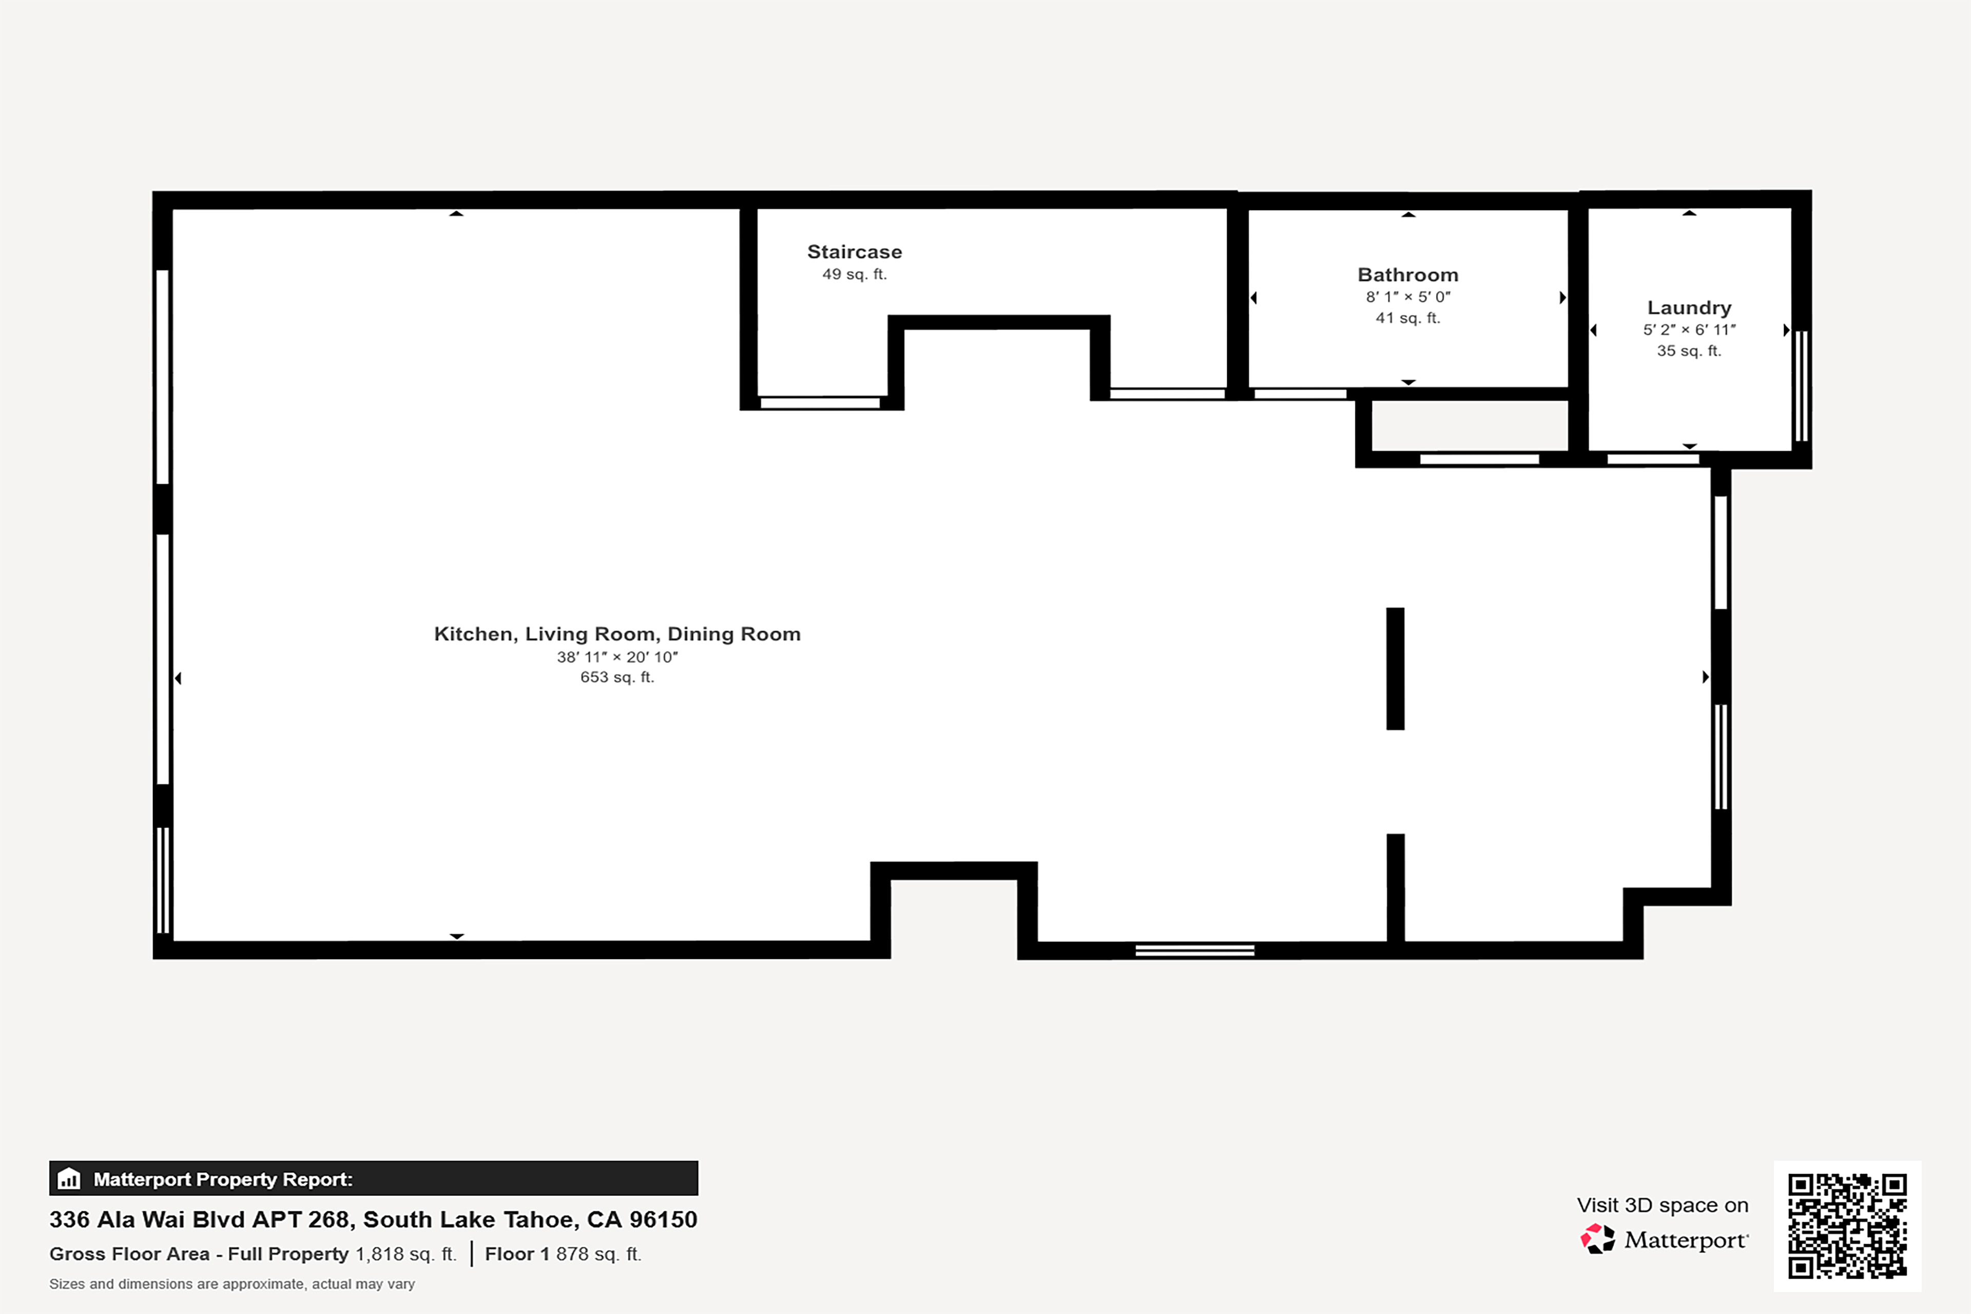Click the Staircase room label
pos(854,252)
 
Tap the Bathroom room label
pos(1408,275)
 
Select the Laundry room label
pos(1689,307)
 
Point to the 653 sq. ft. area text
pos(617,677)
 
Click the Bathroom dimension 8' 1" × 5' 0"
pos(1408,297)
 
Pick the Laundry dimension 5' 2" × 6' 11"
pos(1689,330)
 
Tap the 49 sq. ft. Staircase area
pos(854,274)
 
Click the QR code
pos(1847,1226)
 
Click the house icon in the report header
pos(69,1178)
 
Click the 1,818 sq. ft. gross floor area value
pos(405,1253)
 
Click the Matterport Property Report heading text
pos(223,1179)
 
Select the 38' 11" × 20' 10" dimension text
pos(617,657)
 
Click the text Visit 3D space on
pos(1663,1205)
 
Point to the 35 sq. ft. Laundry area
pos(1689,350)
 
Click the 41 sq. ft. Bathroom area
pos(1408,318)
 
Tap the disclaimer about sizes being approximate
pos(232,1284)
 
